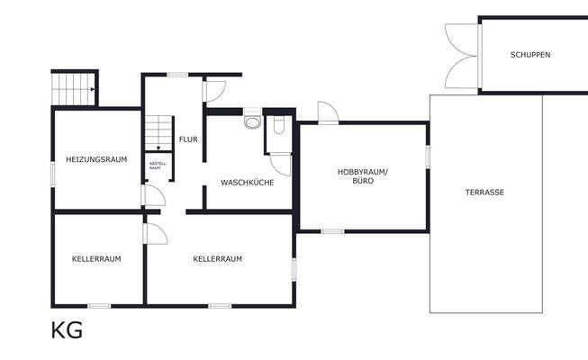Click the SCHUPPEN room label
tap(529, 55)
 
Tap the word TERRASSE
tap(484, 193)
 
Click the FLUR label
tap(188, 139)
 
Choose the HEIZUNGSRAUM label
tap(95, 159)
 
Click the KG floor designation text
tap(67, 330)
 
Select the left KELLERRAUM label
tap(96, 258)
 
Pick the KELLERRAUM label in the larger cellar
tap(218, 258)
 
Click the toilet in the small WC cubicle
tap(278, 125)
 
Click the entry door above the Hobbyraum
tap(328, 112)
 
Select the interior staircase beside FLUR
tap(158, 132)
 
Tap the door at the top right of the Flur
tap(215, 91)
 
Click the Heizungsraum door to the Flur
tap(152, 196)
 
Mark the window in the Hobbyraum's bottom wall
tap(332, 231)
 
